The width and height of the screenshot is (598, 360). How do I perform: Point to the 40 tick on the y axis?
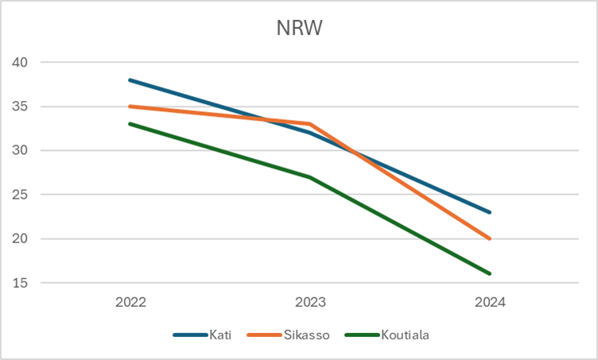(21, 62)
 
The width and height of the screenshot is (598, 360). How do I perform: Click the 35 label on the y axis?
(21, 106)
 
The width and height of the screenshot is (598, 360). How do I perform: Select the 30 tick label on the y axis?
(21, 150)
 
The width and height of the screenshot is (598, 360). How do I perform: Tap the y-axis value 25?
(21, 195)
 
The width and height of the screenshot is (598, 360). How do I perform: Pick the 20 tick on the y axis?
(21, 238)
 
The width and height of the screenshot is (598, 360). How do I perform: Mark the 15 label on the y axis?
(21, 283)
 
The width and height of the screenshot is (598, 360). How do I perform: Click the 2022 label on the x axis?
(130, 303)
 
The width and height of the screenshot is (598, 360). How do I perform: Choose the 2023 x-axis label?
(310, 303)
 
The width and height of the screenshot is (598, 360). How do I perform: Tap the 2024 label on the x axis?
(490, 303)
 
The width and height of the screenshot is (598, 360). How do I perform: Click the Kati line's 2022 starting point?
(130, 80)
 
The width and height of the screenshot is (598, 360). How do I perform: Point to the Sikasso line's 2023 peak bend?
(310, 124)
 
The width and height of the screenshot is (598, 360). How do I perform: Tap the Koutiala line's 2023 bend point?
(310, 176)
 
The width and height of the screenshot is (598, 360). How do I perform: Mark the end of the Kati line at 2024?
(490, 212)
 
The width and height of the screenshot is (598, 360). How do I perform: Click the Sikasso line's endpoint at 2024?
(490, 238)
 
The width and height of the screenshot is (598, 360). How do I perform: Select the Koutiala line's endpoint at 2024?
(490, 273)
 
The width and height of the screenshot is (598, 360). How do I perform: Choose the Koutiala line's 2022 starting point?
(130, 124)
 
